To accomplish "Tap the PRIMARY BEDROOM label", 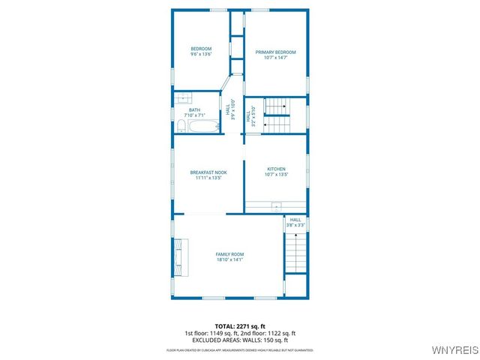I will click(275, 52).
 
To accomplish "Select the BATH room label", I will click(194, 110).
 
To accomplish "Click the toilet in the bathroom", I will click(181, 126).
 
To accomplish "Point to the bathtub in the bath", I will click(204, 127).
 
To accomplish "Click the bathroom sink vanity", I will click(184, 97).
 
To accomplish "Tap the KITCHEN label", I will click(276, 169).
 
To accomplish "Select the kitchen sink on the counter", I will click(276, 205).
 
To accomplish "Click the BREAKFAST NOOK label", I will click(208, 172).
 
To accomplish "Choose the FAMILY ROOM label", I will click(230, 254).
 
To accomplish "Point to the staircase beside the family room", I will click(296, 252).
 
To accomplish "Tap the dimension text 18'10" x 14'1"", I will click(230, 259).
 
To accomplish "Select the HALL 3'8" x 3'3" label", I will click(295, 222).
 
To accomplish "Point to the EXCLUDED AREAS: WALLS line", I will click(240, 340).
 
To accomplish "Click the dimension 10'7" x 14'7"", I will click(275, 57).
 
